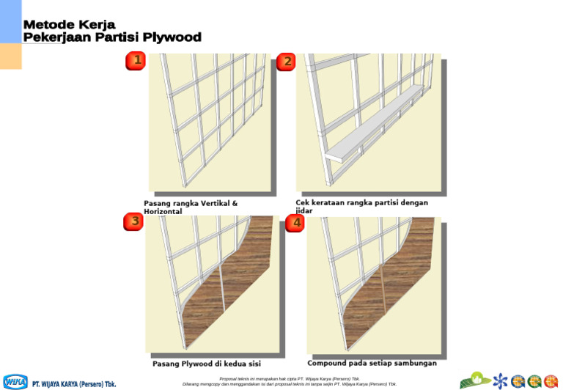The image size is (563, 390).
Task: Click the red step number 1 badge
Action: pos(135,61)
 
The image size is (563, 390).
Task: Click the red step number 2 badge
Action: pos(286,62)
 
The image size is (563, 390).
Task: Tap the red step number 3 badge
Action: pos(133,222)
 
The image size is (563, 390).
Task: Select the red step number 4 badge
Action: pos(295,223)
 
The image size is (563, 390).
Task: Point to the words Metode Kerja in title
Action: pos(69,25)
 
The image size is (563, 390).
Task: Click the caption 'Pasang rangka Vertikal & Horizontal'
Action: pos(190,207)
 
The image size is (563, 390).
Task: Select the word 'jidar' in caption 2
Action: pos(303,211)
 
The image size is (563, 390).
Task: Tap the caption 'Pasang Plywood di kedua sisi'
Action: pos(206,364)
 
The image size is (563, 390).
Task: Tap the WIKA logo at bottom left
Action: pos(15,382)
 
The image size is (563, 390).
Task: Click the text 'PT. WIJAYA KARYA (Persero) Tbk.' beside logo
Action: pos(73,383)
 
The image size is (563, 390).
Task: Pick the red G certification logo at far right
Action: pos(551,381)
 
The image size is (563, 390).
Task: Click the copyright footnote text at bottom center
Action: pos(290,382)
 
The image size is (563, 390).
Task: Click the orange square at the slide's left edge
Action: pos(10,56)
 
